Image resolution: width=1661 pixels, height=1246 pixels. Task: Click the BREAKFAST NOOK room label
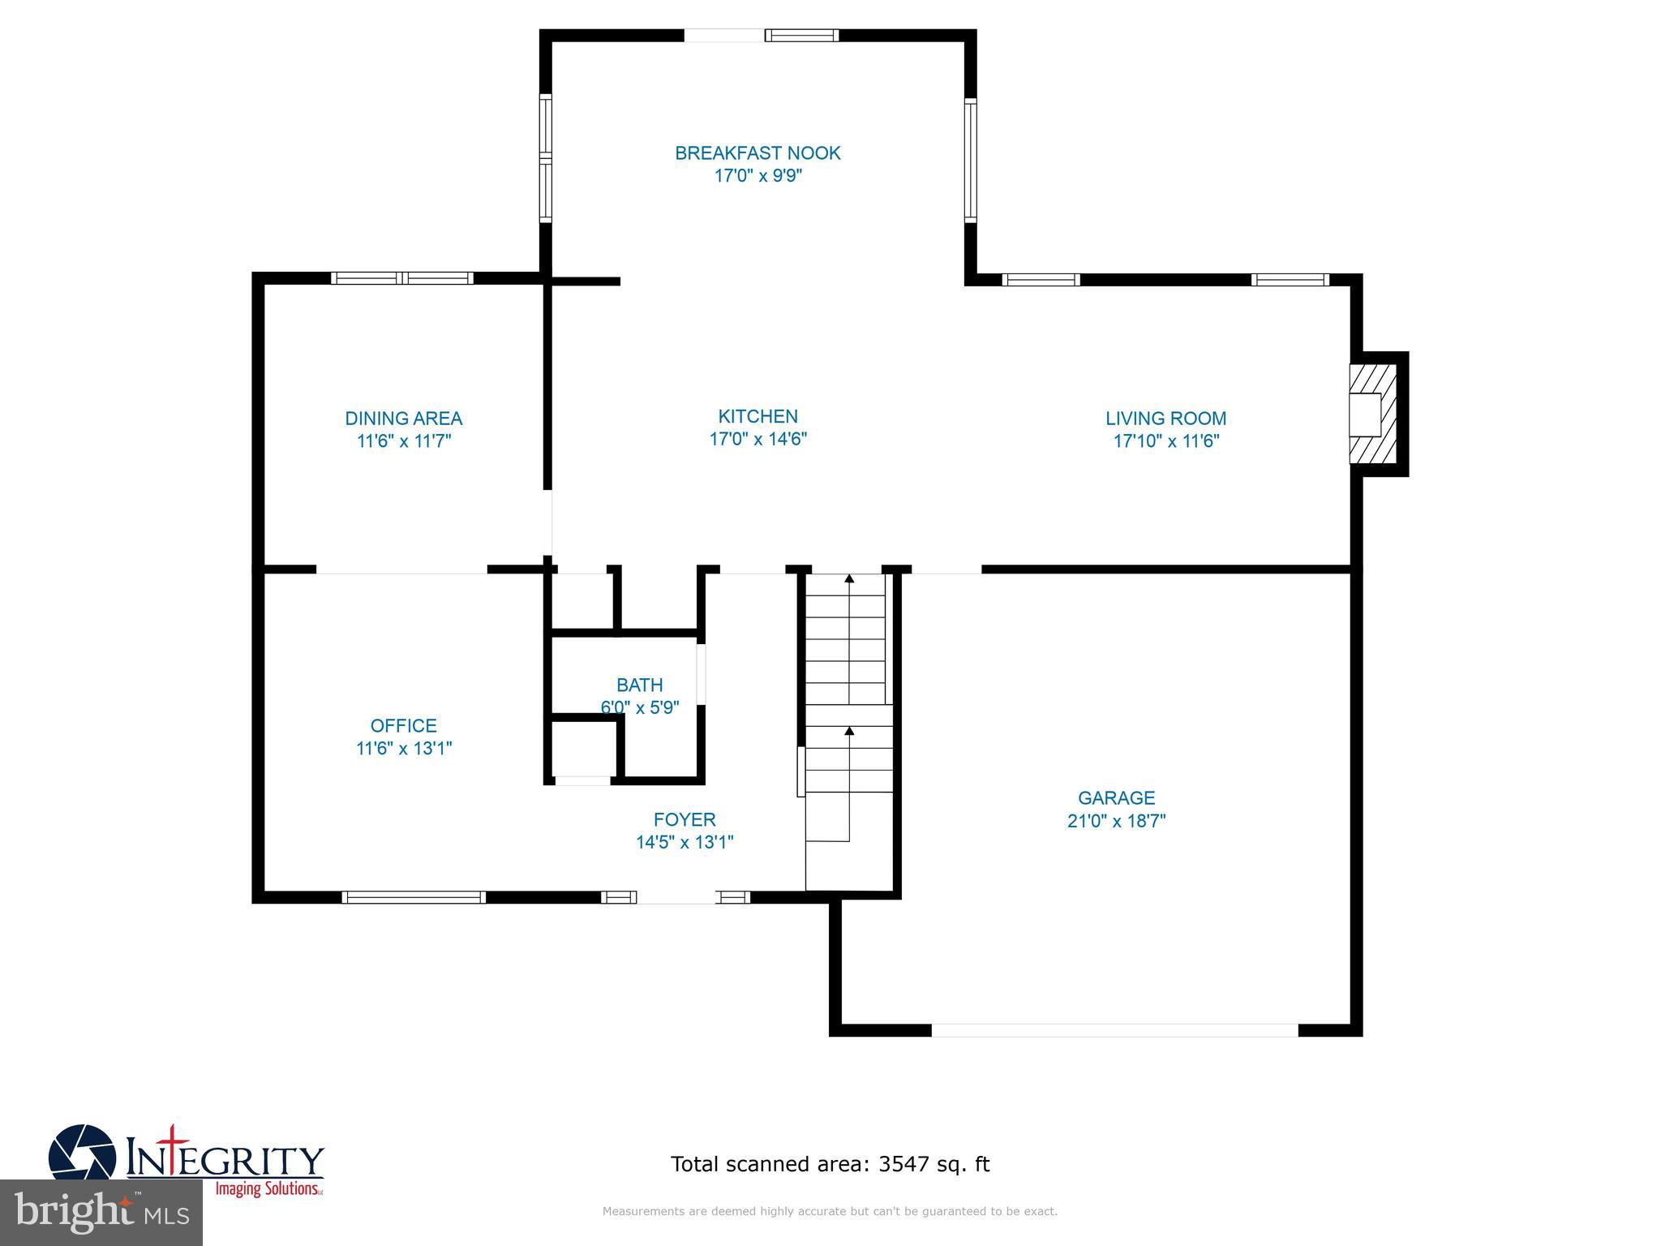pos(758,153)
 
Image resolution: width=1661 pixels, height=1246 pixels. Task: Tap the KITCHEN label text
pos(758,416)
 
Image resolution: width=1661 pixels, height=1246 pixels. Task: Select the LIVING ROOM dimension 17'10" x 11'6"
pos(1165,441)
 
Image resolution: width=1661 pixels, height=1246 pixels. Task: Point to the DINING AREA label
pos(403,419)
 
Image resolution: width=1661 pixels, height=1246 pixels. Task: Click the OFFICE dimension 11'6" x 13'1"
pos(403,748)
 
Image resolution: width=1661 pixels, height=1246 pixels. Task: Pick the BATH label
pos(639,685)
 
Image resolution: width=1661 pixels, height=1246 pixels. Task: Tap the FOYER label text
pos(685,819)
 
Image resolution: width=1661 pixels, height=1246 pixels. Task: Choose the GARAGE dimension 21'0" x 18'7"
pos(1116,821)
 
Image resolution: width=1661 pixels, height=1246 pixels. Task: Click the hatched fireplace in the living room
pos(1373,415)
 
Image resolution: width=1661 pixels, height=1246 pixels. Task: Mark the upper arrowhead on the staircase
pos(849,578)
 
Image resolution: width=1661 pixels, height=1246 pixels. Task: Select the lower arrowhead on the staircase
pos(849,731)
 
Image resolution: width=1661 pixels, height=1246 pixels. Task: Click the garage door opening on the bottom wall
pos(1114,1030)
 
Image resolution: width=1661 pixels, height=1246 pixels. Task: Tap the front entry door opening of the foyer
pos(676,896)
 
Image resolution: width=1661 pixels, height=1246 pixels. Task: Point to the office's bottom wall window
pos(414,897)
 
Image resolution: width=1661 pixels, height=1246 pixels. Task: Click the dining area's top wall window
pos(402,278)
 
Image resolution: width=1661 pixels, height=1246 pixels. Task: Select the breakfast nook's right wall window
pos(970,160)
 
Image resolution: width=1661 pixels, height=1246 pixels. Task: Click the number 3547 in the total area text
pos(903,1164)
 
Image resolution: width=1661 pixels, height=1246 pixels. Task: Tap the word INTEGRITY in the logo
pos(225,1160)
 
